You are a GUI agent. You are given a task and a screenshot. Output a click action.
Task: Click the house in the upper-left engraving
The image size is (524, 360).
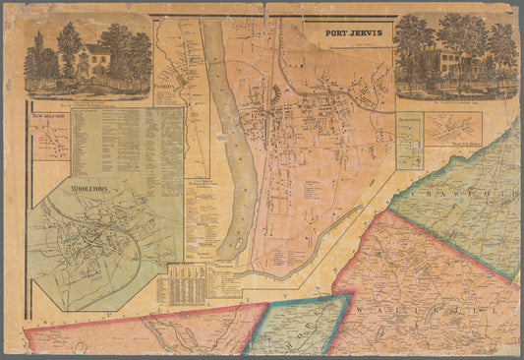click(x=91, y=61)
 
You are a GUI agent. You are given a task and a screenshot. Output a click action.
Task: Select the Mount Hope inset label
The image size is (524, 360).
click(x=459, y=145)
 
